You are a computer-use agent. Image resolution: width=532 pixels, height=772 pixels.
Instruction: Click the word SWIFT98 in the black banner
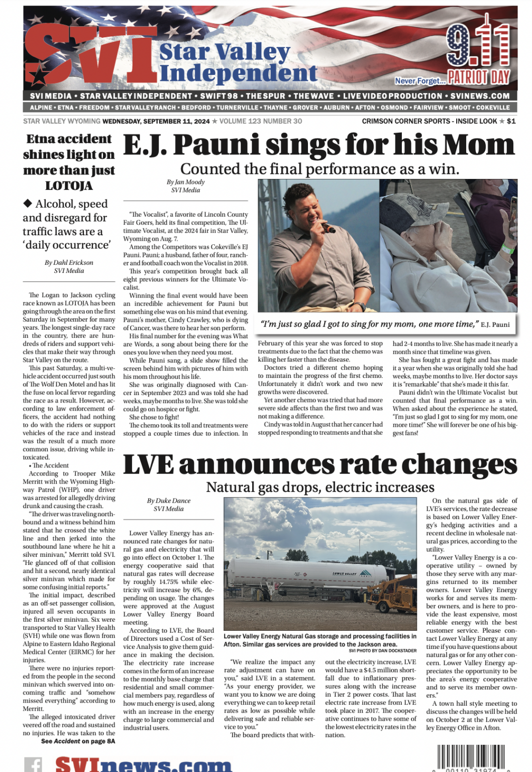[219, 96]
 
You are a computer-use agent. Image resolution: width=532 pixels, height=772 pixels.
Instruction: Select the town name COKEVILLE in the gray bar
[493, 108]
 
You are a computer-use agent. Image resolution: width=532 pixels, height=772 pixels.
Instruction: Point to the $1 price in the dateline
[511, 121]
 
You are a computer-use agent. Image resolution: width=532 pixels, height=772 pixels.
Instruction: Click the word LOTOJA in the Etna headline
[69, 186]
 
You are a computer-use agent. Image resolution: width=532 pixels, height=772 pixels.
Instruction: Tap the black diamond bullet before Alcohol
[28, 203]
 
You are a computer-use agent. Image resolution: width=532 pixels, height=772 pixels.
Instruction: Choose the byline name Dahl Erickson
[69, 262]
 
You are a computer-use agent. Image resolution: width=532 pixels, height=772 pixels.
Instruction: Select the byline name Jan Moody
[185, 182]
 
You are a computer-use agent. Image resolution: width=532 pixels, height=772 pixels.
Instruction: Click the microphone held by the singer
[328, 228]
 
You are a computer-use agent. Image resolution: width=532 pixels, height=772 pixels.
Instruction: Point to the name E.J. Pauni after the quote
[495, 325]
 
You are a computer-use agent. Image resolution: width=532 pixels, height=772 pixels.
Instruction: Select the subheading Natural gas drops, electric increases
[320, 487]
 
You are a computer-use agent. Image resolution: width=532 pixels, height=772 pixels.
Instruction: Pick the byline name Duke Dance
[168, 501]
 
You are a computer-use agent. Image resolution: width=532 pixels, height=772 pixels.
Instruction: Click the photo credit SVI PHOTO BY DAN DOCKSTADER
[382, 650]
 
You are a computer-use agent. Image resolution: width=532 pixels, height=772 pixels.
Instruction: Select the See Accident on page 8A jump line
[78, 741]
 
